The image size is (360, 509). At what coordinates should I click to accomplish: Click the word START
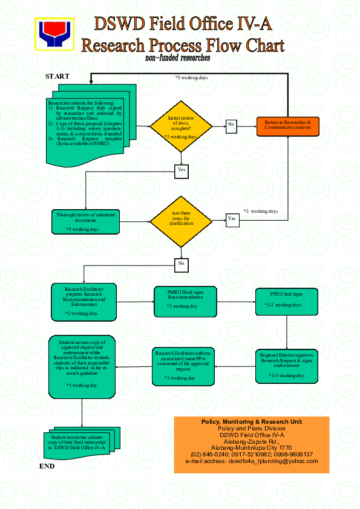coord(57,76)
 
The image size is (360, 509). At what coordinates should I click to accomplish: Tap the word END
coord(47,466)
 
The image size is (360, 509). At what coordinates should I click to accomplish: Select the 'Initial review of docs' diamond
coord(181,126)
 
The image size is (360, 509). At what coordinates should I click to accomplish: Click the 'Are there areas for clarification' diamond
coord(181,219)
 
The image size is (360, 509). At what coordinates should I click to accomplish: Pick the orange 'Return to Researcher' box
coord(287,125)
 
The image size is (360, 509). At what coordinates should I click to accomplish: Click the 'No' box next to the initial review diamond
coord(231,125)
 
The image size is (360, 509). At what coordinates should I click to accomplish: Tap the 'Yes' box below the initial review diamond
coord(181,170)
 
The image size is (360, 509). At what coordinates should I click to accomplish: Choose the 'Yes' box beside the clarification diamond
coord(232,218)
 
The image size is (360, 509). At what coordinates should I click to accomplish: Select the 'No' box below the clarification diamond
coord(181,264)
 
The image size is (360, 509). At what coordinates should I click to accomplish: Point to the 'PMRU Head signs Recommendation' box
coord(185,300)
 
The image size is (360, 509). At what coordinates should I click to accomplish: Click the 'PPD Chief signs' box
coord(287,300)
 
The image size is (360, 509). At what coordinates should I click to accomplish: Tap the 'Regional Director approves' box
coord(287,365)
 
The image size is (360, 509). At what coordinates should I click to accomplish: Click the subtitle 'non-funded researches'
coord(177,58)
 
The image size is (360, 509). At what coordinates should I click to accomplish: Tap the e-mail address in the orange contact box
coord(251,461)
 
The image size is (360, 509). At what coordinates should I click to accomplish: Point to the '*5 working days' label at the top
coord(191,78)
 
